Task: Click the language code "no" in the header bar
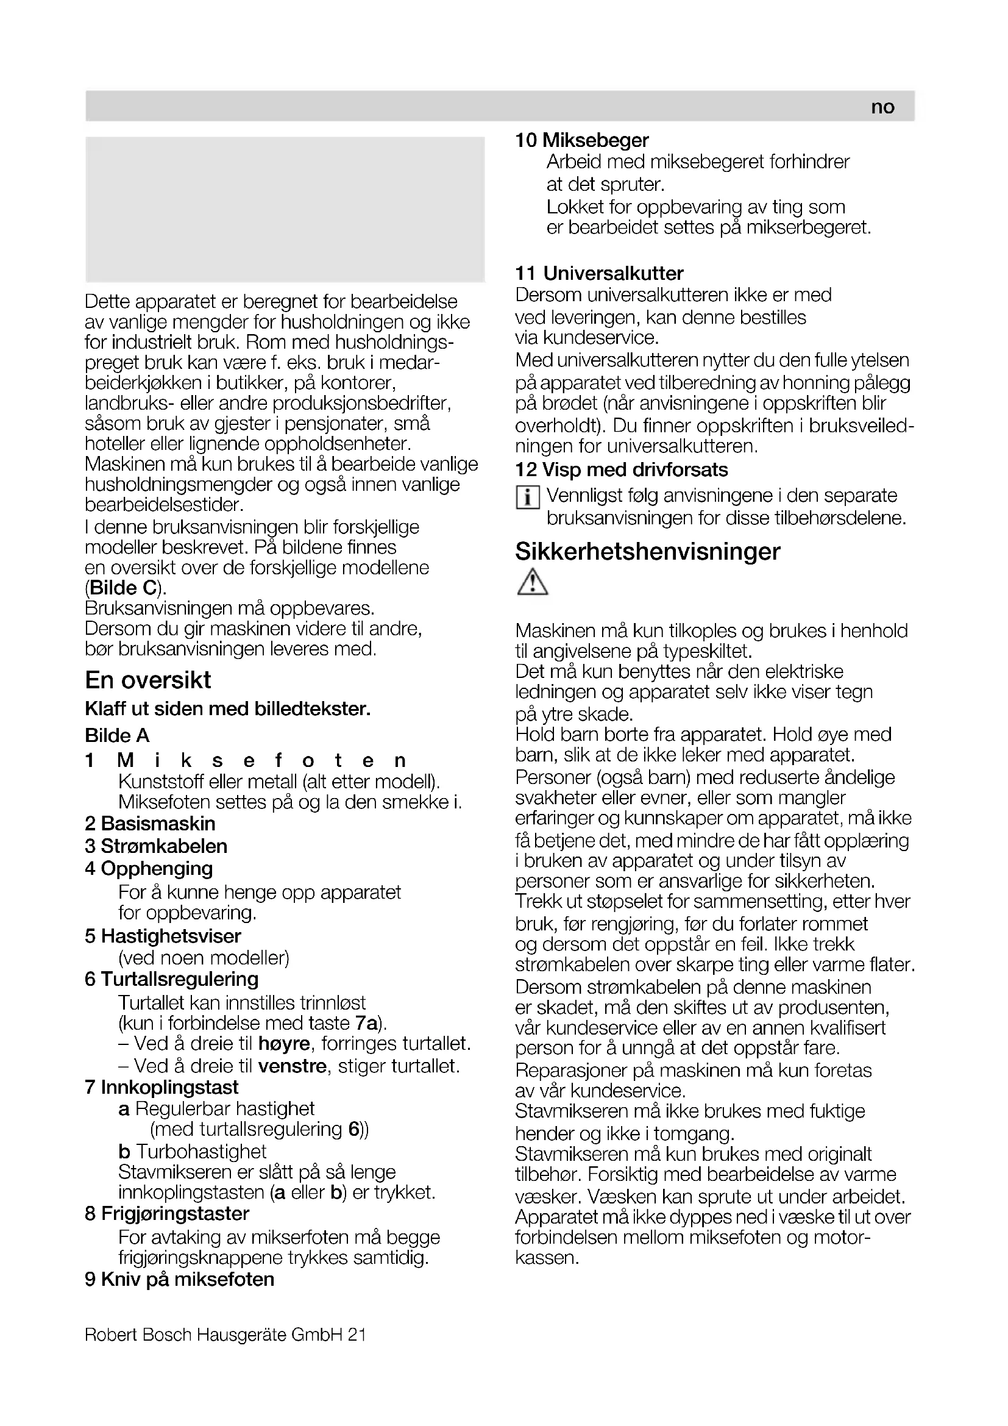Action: click(x=882, y=107)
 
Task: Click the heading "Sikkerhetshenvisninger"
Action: click(x=647, y=552)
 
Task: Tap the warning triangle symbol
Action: click(x=532, y=583)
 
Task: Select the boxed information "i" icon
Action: click(x=527, y=497)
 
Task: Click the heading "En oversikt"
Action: click(x=147, y=680)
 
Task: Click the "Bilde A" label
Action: click(x=117, y=735)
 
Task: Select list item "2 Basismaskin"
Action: click(x=150, y=824)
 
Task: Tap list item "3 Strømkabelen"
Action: click(x=157, y=846)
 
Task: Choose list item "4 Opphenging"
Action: click(x=149, y=868)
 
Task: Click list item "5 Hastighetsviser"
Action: click(x=163, y=936)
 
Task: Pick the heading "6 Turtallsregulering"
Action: click(x=172, y=980)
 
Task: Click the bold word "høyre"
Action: click(x=284, y=1043)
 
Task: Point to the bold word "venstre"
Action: click(x=293, y=1066)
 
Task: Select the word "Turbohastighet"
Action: click(x=201, y=1152)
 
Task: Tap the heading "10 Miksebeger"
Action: click(x=581, y=140)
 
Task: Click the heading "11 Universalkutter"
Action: click(x=599, y=273)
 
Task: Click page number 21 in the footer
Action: click(x=357, y=1334)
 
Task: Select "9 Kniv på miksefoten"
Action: click(x=179, y=1280)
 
